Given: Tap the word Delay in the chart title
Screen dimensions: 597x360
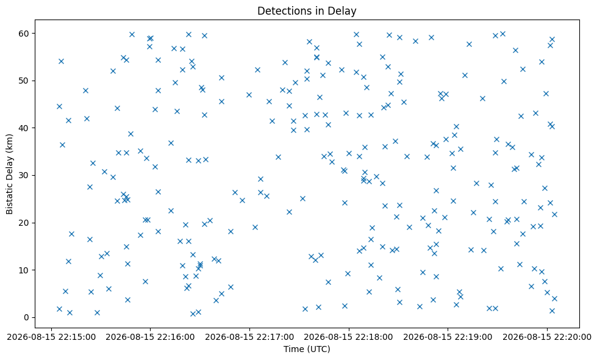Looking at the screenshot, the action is tap(344, 11).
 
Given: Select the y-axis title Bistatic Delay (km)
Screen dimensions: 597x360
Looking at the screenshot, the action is tap(10, 174).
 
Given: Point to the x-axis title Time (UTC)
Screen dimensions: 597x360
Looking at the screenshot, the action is tap(307, 349).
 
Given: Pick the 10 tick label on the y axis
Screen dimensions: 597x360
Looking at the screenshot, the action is tap(24, 270).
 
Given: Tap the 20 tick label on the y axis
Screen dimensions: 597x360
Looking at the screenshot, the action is tap(24, 223).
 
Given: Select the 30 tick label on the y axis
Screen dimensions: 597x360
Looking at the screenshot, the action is tap(24, 175).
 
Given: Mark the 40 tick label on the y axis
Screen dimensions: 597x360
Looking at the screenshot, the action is tap(24, 128).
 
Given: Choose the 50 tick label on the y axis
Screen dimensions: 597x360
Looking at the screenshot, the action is tap(24, 81).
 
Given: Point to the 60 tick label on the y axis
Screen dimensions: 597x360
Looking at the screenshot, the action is tap(24, 34).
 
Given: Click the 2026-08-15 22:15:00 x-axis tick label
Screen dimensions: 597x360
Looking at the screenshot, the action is tap(51, 337).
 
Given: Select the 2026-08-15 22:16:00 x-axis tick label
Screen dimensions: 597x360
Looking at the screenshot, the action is tap(150, 337).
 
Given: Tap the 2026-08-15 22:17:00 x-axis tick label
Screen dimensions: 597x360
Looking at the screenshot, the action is tap(249, 337).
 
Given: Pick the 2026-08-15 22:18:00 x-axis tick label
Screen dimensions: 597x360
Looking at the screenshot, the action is tap(348, 337).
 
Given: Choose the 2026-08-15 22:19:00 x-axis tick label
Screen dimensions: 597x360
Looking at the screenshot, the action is tap(448, 337).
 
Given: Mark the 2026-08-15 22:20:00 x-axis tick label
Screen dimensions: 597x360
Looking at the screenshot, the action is tap(547, 337).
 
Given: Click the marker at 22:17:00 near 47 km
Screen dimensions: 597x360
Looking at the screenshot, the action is tap(249, 95).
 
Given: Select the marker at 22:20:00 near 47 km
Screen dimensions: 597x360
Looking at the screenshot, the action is tap(546, 94).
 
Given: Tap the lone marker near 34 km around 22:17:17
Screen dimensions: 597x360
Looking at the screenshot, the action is tap(278, 157).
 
